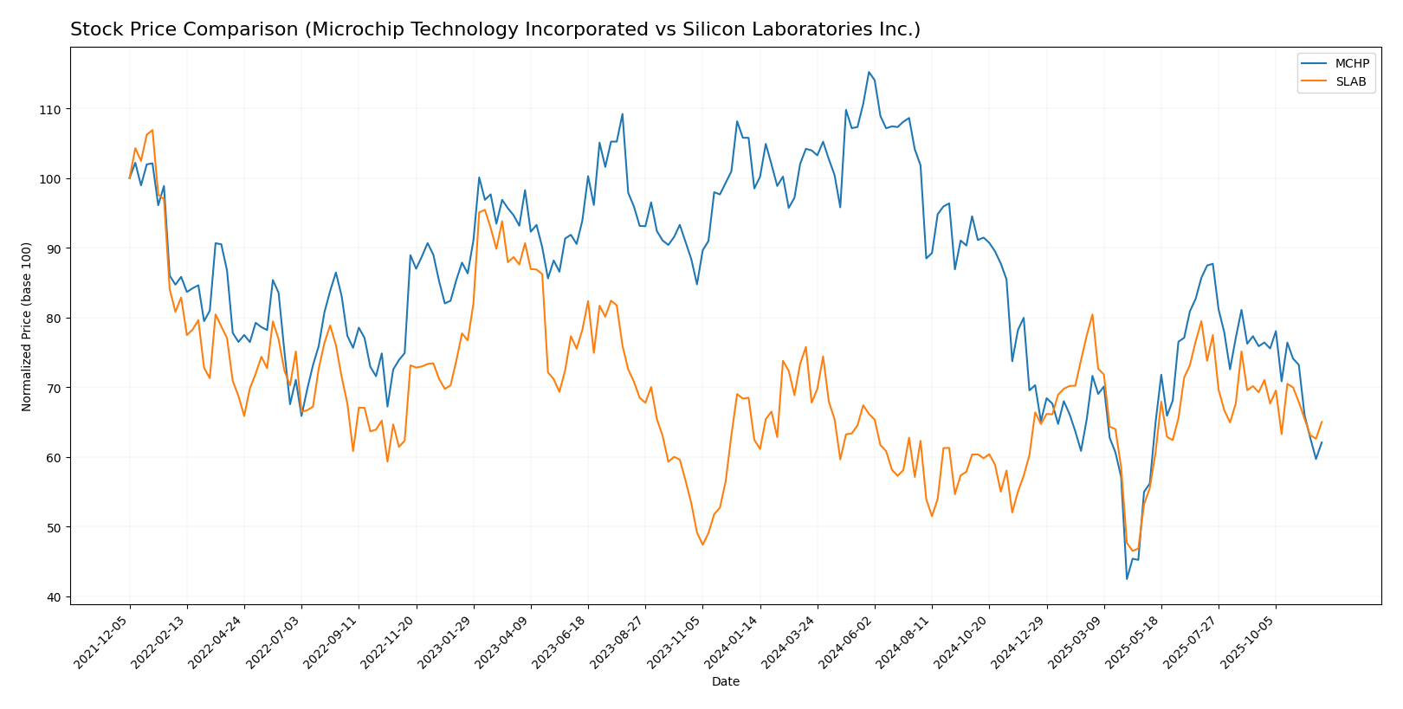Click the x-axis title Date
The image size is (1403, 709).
pos(725,682)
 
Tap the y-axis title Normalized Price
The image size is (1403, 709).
pos(27,326)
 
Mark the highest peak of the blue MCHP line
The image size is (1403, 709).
pos(869,72)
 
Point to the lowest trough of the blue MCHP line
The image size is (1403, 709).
pos(1127,579)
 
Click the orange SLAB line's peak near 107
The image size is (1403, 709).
pos(152,131)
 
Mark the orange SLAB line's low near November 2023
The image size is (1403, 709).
pos(702,545)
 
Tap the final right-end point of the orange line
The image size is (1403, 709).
pos(1322,422)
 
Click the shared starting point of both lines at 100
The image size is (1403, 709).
pos(130,178)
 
